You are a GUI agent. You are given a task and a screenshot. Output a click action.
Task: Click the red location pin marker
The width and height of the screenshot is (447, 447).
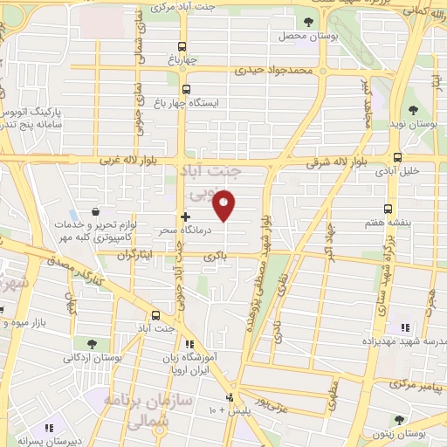[225, 205]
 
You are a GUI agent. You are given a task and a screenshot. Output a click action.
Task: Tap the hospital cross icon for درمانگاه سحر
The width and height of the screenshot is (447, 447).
[185, 216]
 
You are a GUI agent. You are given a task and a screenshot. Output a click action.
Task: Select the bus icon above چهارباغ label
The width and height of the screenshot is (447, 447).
[182, 47]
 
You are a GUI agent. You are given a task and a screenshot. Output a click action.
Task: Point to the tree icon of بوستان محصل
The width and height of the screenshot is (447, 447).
[306, 23]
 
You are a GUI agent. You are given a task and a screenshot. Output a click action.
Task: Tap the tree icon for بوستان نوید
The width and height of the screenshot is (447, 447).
[413, 110]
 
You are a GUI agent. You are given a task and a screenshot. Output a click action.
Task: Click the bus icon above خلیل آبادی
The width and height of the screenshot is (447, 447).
[398, 158]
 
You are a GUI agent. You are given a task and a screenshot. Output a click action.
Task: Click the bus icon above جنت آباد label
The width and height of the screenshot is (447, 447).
[156, 315]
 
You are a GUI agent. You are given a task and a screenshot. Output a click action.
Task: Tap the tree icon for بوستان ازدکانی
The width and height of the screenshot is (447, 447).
[93, 343]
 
